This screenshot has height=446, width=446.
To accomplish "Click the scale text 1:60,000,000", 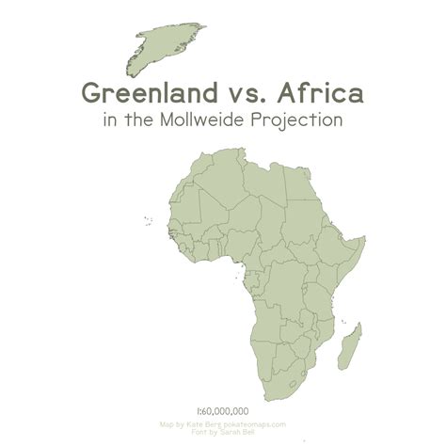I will click(x=222, y=411).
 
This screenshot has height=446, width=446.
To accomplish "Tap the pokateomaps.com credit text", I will click(x=250, y=424).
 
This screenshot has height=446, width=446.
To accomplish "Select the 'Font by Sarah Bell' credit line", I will click(x=223, y=432).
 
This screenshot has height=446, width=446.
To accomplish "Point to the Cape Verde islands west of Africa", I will click(x=148, y=221).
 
